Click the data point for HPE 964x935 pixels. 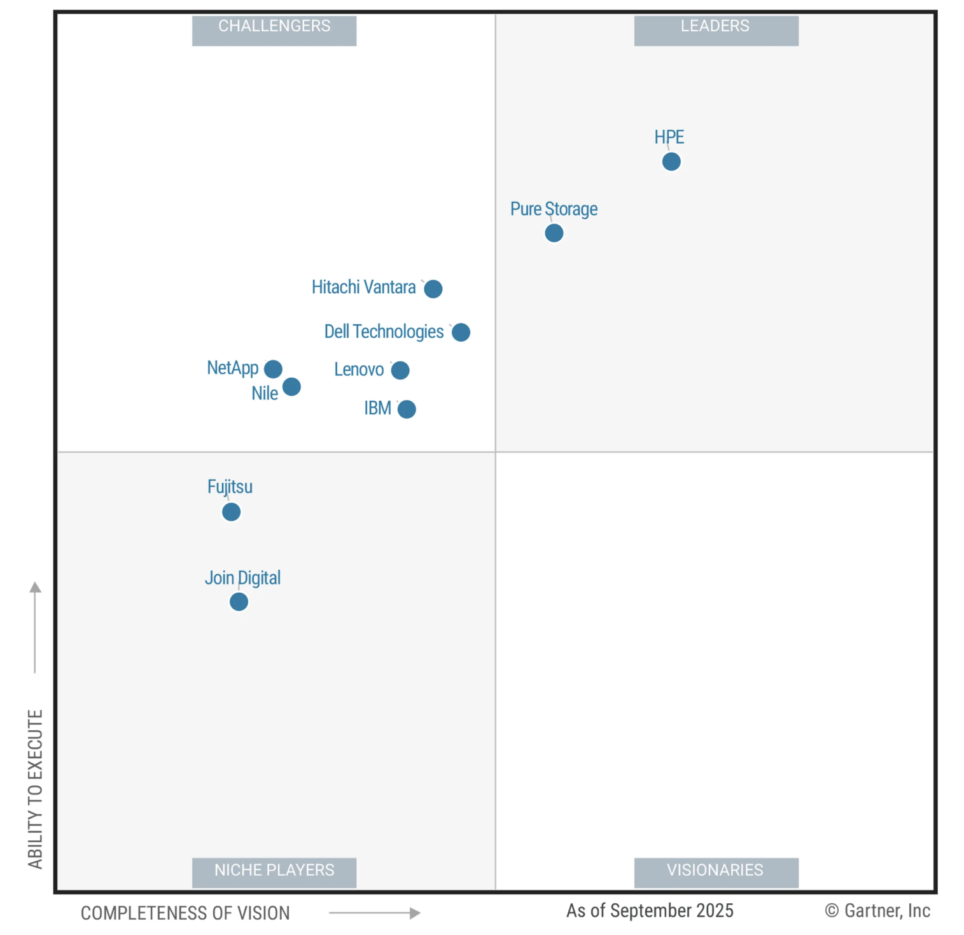coord(671,162)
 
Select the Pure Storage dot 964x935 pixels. coord(554,233)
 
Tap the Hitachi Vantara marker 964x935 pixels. coord(433,289)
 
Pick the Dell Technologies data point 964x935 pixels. coord(461,332)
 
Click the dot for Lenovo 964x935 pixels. coord(400,370)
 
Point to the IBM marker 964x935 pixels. coord(407,409)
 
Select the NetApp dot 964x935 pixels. coord(273,369)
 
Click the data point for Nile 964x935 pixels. coord(291,387)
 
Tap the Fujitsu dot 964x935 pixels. coord(232,512)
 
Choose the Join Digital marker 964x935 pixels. coord(239,602)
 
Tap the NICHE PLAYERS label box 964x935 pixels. coord(274,871)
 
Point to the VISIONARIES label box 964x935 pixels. coord(716,871)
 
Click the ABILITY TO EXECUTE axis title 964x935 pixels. coord(35,789)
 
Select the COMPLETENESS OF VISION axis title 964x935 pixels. coord(185,913)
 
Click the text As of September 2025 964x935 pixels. coord(650,911)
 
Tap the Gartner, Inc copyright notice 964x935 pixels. coord(877,911)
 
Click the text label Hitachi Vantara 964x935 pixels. coord(363,287)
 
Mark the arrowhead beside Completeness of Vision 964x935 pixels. coord(415,913)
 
